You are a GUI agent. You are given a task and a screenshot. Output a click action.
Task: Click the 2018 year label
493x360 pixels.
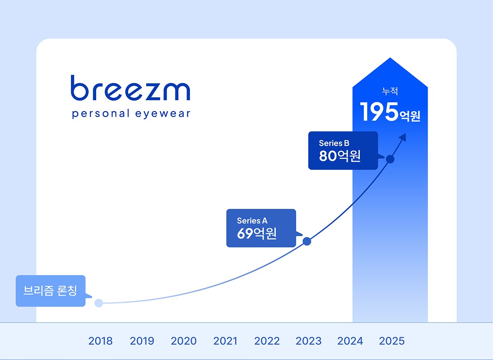coord(100,341)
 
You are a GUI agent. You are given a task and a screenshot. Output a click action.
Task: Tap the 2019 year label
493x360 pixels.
coord(142,341)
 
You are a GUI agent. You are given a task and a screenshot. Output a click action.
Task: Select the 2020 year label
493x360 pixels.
coord(184,341)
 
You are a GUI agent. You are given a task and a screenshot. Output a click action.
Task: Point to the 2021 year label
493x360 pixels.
coord(225,341)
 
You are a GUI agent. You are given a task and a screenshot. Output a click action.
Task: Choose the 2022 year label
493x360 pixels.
coord(267,341)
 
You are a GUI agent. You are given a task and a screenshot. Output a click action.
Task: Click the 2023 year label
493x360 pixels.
coord(309,341)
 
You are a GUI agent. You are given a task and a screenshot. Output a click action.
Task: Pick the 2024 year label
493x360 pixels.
coord(350,341)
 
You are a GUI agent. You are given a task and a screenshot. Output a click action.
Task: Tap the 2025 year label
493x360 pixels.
coord(392,341)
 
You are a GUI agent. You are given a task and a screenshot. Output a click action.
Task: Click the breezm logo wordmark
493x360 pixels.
coord(130,88)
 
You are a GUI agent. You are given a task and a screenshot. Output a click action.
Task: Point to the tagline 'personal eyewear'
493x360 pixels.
coord(131,114)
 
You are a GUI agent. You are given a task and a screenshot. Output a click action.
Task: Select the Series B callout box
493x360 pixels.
coord(343,150)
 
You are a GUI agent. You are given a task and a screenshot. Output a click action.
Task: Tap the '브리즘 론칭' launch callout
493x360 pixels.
coord(51,291)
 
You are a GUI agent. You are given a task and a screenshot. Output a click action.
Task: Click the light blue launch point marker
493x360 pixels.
coord(99,303)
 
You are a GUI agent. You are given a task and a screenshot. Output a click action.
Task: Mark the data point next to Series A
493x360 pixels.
coord(306,241)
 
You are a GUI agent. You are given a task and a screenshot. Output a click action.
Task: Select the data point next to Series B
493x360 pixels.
coord(390,159)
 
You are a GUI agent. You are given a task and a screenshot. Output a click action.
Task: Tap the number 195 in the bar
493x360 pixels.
coord(379,112)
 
